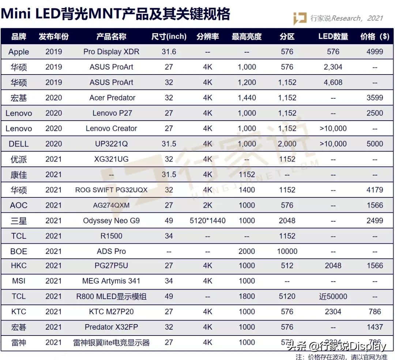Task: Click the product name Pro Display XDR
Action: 111,52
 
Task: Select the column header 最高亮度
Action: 247,37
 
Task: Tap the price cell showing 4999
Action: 375,52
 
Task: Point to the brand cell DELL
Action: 19,144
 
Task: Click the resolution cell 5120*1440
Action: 208,220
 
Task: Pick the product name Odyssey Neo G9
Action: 111,220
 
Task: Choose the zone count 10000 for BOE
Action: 287,251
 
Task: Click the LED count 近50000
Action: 333,296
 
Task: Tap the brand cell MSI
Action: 19,281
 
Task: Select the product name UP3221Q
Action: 111,144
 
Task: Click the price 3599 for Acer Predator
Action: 375,98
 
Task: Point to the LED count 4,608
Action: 333,82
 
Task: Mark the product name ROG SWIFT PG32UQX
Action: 111,190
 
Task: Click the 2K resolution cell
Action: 208,205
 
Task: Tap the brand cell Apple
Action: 19,52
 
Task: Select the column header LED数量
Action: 333,37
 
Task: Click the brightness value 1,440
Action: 247,98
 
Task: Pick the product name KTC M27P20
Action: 111,312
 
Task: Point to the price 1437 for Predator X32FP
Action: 375,327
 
